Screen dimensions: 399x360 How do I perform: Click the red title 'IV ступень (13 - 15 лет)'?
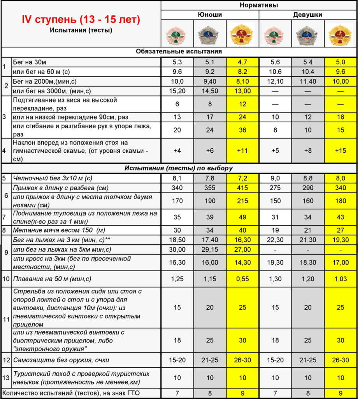tap(81, 19)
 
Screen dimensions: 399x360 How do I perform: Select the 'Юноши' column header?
tap(210, 15)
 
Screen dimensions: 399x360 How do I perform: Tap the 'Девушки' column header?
tap(307, 15)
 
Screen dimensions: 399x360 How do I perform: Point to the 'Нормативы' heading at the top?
tap(259, 5)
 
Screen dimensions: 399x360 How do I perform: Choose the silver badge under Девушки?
tap(307, 34)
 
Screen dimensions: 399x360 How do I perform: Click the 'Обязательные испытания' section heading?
tap(179, 52)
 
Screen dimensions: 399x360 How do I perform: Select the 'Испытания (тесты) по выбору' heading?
tap(179, 168)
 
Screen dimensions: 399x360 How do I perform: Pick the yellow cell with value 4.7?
tap(242, 62)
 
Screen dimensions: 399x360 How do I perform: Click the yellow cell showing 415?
tap(242, 188)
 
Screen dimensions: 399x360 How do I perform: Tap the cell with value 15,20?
tap(177, 91)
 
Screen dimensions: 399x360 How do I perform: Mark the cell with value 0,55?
tap(242, 279)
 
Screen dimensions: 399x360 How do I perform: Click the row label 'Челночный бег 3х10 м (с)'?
tap(53, 178)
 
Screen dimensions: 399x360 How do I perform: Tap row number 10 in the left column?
tap(6, 279)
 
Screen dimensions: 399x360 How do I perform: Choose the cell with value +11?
tap(242, 151)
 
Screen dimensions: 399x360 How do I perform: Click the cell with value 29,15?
tap(210, 249)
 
